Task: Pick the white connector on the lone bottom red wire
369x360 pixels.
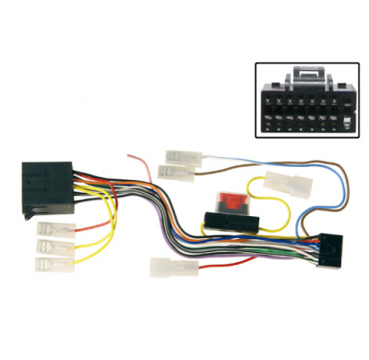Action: click(166, 267)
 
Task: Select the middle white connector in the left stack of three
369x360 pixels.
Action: click(54, 247)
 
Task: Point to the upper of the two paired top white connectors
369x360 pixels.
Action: click(180, 157)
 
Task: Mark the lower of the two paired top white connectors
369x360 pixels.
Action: click(176, 172)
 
